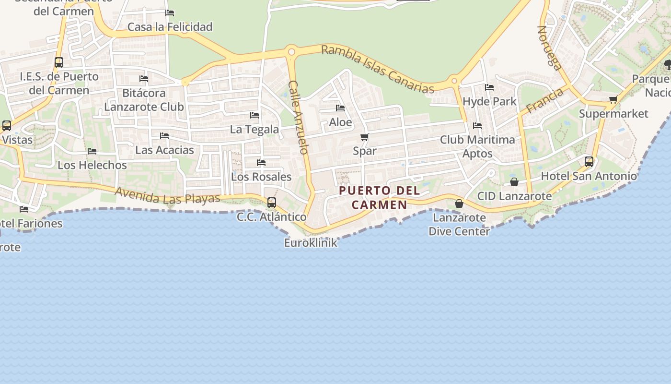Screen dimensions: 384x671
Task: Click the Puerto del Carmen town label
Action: pos(379,197)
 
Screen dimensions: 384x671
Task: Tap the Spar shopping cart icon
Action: pos(364,137)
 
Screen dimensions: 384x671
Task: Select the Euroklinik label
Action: pos(311,242)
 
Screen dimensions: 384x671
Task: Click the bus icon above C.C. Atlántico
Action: pos(272,203)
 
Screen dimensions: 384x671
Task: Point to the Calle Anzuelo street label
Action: pos(298,117)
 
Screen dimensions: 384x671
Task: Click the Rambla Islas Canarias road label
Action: pos(378,69)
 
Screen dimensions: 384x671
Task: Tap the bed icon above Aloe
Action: pos(340,108)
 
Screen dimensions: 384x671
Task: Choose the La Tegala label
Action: pos(254,129)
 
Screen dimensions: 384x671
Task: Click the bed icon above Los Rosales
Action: pos(261,163)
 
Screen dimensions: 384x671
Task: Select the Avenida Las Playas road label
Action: pos(167,195)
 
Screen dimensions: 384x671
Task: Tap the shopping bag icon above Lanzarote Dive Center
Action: pos(459,204)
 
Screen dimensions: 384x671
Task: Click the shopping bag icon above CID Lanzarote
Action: pos(514,182)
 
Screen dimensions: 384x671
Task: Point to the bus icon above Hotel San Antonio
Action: pos(589,162)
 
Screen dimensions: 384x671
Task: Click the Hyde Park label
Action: pos(489,101)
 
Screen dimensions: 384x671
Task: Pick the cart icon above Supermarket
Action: pos(613,100)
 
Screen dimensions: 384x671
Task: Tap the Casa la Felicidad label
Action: pos(170,27)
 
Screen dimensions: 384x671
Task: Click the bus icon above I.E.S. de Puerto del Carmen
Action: pos(59,62)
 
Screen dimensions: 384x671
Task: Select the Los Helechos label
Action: pos(92,165)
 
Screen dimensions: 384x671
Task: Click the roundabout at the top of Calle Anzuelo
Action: pos(291,51)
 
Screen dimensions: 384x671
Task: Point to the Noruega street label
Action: pos(549,48)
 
